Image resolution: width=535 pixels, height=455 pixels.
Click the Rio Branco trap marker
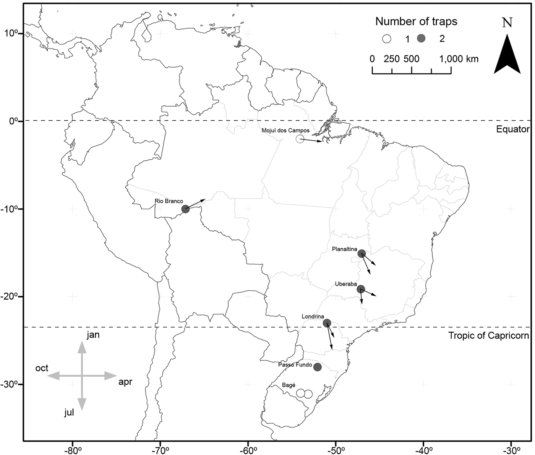coord(185,209)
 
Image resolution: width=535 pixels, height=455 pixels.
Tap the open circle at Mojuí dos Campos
coord(300,139)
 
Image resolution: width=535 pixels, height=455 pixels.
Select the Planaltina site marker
coord(362,254)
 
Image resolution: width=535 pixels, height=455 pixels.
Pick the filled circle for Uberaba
coord(361,289)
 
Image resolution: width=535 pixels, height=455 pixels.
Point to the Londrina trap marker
coord(327,323)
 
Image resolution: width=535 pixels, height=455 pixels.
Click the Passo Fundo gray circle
coord(317,367)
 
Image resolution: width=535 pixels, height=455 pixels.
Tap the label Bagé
coord(289,385)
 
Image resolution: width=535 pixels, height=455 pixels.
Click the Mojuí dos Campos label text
coord(285,130)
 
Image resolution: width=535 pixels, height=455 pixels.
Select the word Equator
coord(512,129)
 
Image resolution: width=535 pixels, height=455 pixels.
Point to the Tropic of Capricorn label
coord(488,336)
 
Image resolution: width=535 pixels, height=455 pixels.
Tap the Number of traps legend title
coord(416,21)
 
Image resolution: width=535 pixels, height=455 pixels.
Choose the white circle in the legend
coord(387,39)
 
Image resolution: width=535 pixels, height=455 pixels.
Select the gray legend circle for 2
coord(421,39)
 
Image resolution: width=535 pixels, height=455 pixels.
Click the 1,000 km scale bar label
coord(459,59)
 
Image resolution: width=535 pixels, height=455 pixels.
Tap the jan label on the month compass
coord(93,335)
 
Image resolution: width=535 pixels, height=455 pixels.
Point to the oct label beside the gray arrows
coord(42,368)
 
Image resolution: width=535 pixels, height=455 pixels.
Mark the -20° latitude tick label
coord(13,297)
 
